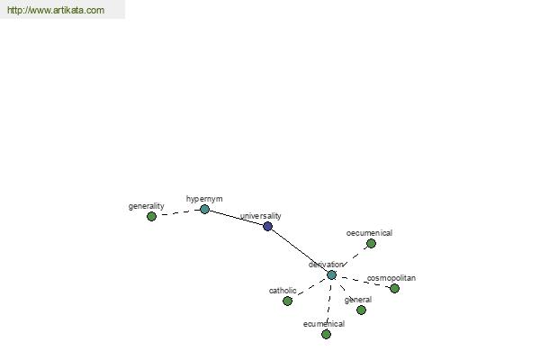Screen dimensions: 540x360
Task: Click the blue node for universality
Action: click(x=267, y=226)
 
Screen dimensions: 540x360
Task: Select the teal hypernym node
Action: click(x=204, y=209)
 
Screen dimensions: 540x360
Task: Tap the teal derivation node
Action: click(x=331, y=274)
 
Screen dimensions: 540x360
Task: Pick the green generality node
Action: click(x=151, y=216)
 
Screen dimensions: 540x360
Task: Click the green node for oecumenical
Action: click(x=371, y=244)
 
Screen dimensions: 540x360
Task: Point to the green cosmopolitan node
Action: click(x=395, y=288)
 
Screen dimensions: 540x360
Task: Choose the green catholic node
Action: click(x=288, y=301)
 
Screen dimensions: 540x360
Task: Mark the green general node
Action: click(x=361, y=310)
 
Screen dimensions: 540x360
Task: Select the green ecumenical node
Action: click(x=326, y=334)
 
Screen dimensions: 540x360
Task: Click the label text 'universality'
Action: click(x=261, y=216)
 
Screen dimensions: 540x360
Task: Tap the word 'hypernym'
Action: click(x=204, y=199)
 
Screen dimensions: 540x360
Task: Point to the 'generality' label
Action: click(x=147, y=206)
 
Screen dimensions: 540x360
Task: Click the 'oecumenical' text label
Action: click(x=369, y=233)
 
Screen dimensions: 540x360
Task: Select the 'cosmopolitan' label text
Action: click(x=391, y=278)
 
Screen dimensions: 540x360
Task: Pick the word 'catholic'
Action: click(x=283, y=291)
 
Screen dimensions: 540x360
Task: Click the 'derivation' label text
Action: click(x=326, y=265)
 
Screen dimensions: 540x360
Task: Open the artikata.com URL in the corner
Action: click(x=56, y=10)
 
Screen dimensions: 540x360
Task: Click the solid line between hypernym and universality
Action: click(x=236, y=218)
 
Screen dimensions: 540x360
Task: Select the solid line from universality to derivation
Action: click(x=300, y=251)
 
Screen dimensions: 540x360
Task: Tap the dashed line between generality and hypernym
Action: click(x=178, y=212)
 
